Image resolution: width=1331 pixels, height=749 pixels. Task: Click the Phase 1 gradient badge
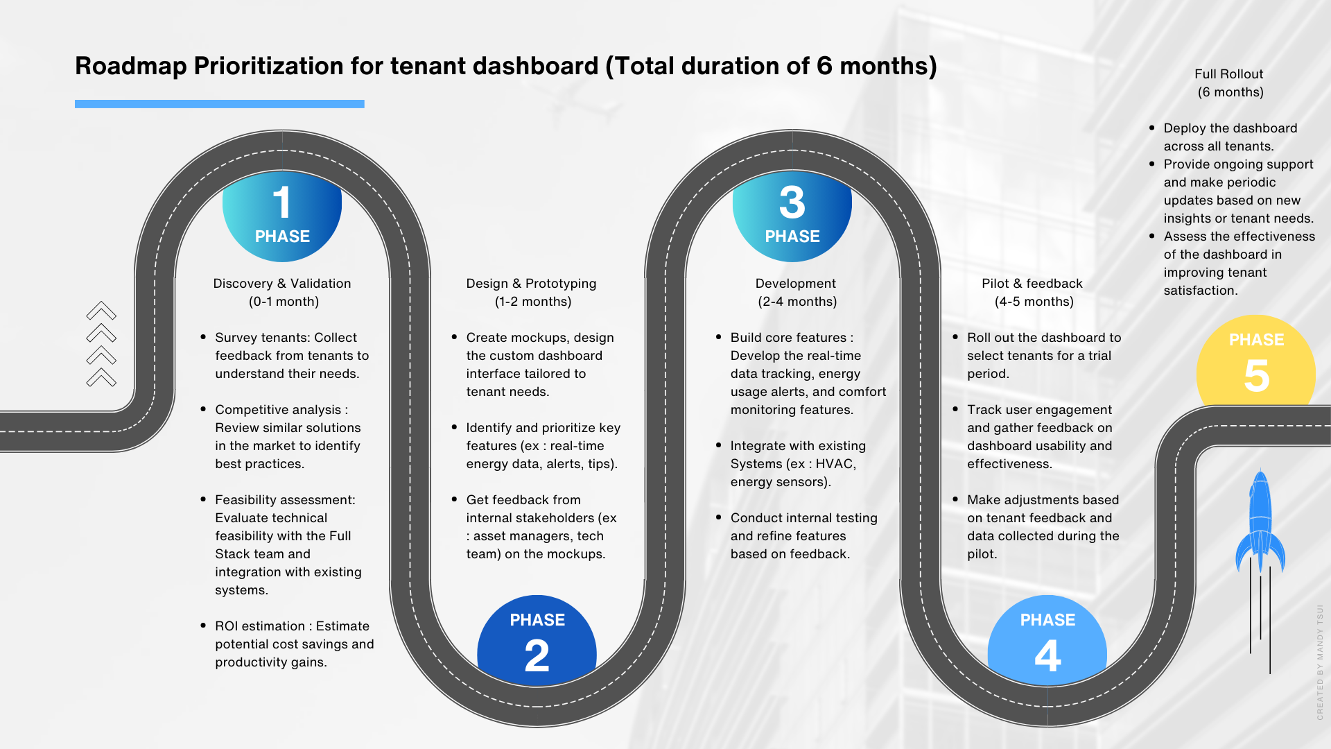point(282,215)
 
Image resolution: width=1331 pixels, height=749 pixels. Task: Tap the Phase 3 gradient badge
point(792,215)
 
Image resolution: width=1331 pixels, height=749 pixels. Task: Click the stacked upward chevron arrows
point(101,344)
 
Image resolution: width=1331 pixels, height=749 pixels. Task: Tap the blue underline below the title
point(220,104)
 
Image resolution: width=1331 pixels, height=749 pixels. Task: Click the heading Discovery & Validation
point(282,284)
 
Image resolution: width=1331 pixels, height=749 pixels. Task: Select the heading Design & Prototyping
point(531,284)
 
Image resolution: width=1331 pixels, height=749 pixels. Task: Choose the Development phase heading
point(796,284)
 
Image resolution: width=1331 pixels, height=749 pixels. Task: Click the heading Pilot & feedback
point(1032,284)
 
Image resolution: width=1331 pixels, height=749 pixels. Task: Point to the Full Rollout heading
point(1229,74)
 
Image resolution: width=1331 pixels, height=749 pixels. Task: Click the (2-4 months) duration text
point(797,302)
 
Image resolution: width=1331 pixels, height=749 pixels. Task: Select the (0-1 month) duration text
point(284,302)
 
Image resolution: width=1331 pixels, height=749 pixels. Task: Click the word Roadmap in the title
point(131,66)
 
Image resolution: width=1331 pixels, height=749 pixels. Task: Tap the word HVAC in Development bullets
point(836,464)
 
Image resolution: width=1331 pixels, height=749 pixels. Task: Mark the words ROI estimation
point(260,626)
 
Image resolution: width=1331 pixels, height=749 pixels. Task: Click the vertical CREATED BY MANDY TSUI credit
point(1320,662)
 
